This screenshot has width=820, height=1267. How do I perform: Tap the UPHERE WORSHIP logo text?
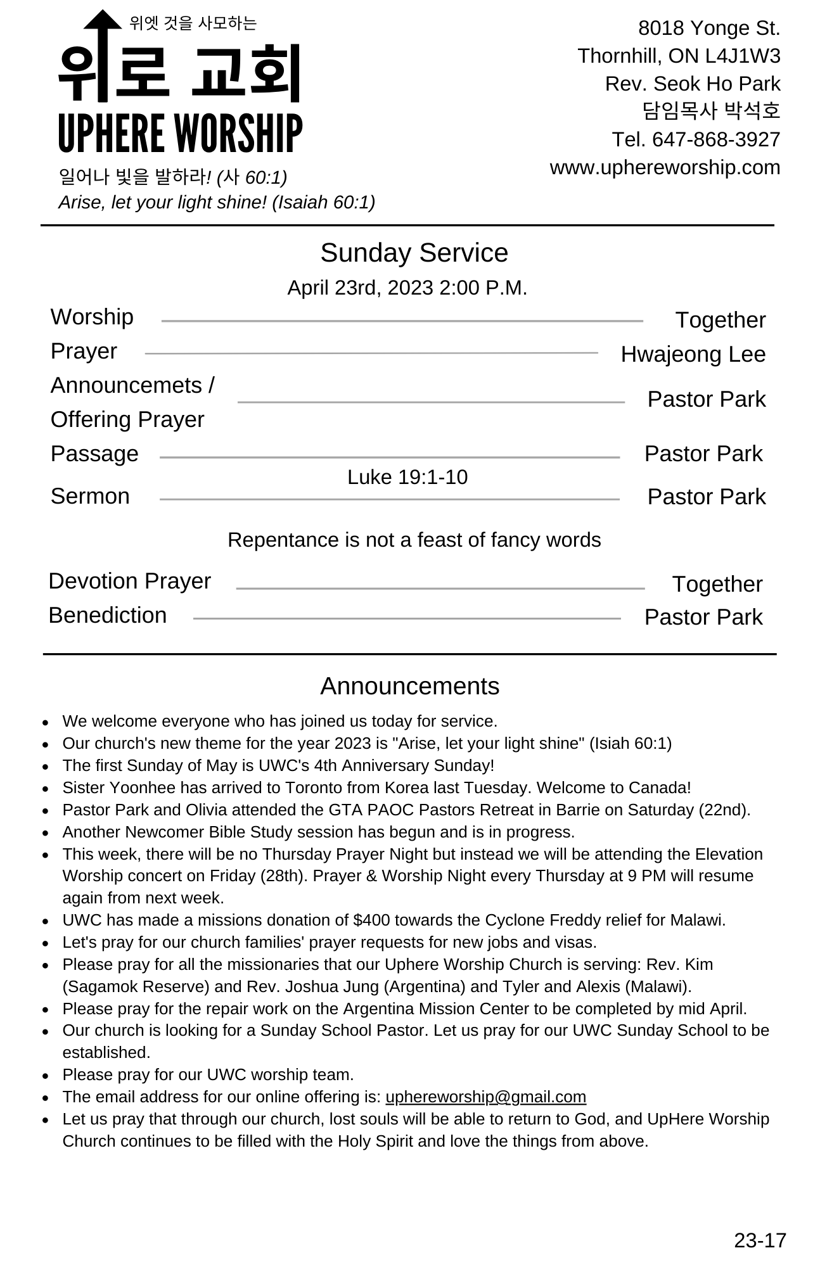point(180,134)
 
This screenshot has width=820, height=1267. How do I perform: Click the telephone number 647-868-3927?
point(715,139)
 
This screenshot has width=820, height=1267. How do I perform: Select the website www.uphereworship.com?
point(665,168)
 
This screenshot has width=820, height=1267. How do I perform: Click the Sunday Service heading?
point(414,253)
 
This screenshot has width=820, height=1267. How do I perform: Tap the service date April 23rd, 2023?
point(361,288)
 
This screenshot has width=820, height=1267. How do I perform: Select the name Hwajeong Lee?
point(693,354)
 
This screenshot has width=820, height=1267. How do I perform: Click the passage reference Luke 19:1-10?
point(407,477)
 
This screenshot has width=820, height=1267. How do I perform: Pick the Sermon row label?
point(90,496)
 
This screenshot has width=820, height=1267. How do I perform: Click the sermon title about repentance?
point(414,540)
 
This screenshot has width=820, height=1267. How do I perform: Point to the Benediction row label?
point(108,615)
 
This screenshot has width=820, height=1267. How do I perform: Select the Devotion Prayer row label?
point(129,581)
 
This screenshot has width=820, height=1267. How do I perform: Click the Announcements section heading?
point(409,686)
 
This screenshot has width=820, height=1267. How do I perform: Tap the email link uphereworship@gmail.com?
point(485,1097)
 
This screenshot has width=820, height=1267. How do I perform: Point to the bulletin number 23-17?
point(760,1240)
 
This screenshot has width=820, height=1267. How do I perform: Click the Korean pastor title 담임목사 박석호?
point(711,111)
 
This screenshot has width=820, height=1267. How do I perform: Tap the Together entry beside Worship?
point(720,320)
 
